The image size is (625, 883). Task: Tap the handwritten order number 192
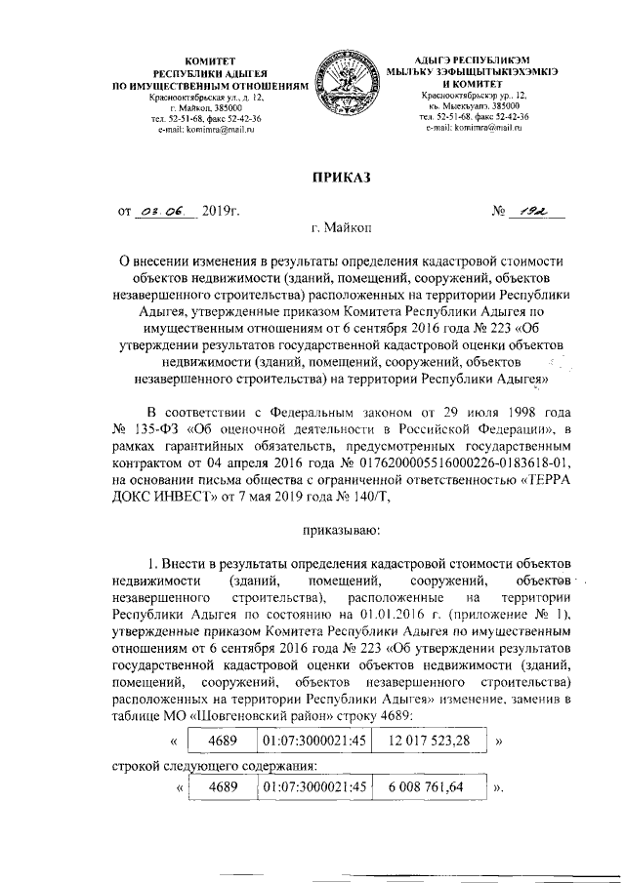click(530, 209)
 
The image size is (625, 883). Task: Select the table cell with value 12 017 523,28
click(427, 741)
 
